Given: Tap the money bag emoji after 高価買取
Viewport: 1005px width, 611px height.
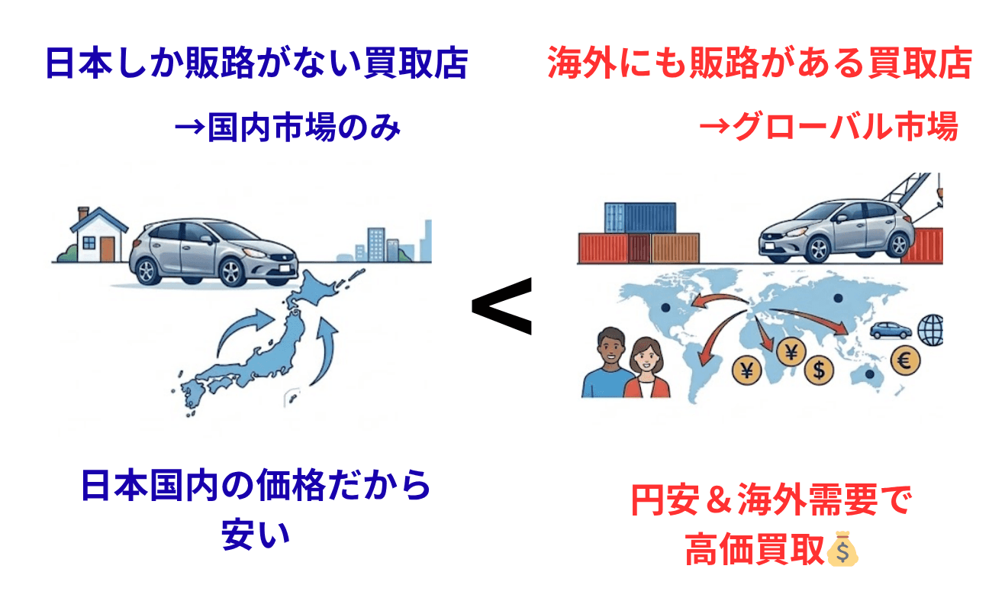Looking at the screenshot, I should click(842, 549).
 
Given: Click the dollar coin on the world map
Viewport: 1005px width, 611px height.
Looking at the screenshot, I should click(819, 371).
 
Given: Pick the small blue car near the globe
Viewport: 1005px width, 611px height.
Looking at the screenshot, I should click(891, 330).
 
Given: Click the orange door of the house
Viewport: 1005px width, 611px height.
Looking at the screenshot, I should click(107, 247).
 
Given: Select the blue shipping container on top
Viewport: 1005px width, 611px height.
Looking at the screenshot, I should click(639, 217).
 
